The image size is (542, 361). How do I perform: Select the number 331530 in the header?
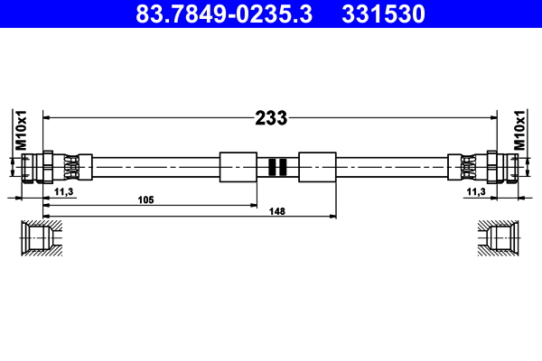[393, 14]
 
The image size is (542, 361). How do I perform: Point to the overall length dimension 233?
[270, 117]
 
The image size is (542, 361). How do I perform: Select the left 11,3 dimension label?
[63, 192]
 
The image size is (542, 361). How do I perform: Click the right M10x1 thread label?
[520, 130]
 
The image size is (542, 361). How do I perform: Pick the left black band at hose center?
[271, 167]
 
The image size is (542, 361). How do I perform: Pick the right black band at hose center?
[283, 167]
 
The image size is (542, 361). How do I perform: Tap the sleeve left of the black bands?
[238, 167]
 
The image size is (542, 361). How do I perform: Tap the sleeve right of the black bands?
[316, 167]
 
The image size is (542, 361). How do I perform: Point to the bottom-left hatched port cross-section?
[41, 238]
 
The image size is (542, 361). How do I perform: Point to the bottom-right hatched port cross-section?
[500, 238]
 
